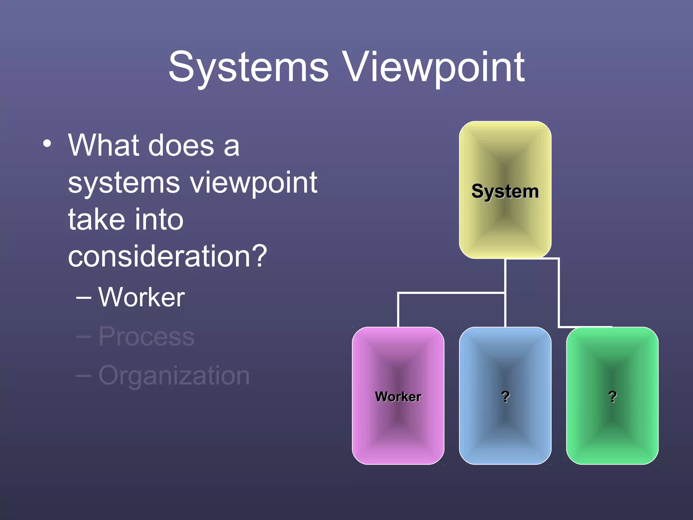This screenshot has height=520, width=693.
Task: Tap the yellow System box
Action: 505,190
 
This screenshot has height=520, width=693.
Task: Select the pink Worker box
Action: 398,395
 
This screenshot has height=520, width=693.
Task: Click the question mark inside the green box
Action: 612,396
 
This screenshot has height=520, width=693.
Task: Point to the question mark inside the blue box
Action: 506,396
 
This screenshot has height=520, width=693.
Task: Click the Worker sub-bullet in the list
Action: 141,297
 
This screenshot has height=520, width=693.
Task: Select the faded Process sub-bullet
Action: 146,337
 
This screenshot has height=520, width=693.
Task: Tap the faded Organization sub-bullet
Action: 174,375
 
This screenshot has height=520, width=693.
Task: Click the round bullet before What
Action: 47,144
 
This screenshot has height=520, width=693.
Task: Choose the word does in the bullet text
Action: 181,146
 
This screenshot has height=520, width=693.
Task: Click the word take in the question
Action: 96,219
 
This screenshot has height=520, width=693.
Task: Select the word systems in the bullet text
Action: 124,183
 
